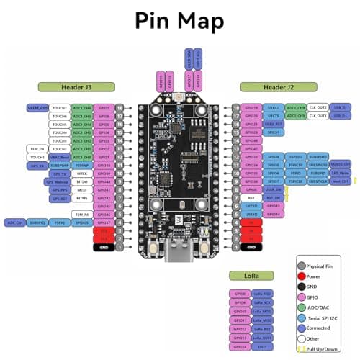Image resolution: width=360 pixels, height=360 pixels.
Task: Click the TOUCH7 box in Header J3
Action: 60,108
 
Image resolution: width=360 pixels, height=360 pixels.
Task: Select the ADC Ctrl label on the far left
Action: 15,223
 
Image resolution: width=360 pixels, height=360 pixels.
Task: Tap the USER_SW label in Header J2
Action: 272,190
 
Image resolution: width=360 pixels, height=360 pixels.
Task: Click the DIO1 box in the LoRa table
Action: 264,346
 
